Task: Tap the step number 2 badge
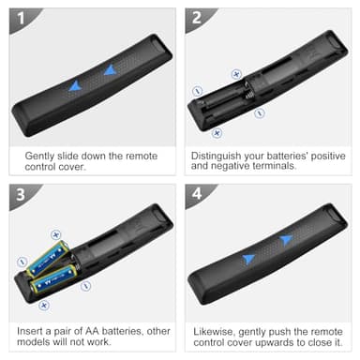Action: click(x=196, y=17)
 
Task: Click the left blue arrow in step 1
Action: click(x=75, y=85)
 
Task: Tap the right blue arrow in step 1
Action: click(x=111, y=69)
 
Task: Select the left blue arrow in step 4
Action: click(x=248, y=259)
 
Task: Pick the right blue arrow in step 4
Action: click(x=286, y=240)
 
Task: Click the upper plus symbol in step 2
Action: click(x=236, y=73)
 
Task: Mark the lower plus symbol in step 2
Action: click(x=217, y=132)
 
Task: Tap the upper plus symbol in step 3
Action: click(x=56, y=234)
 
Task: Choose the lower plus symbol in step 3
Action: click(x=43, y=305)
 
